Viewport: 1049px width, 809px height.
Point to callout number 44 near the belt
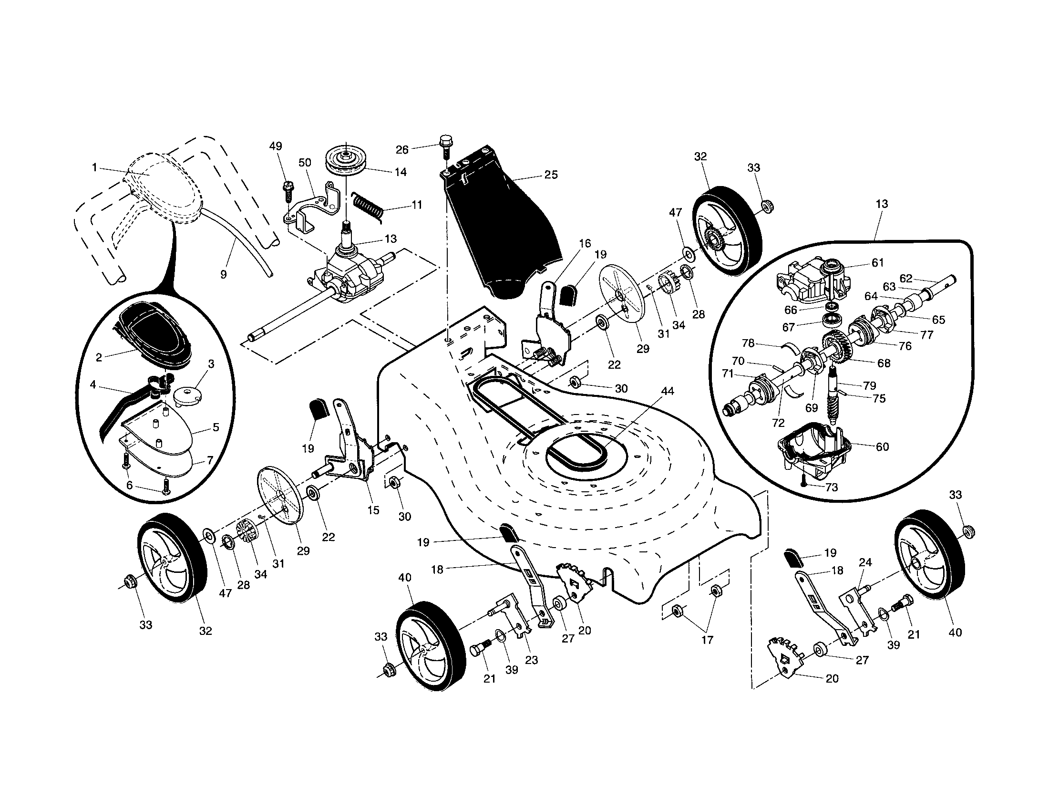[668, 391]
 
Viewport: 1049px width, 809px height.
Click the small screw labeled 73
[803, 484]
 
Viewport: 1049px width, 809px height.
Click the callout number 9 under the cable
[223, 275]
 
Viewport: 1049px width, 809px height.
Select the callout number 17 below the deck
[707, 639]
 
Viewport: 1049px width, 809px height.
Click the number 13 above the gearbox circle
[881, 204]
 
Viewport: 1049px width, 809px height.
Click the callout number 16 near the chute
[585, 243]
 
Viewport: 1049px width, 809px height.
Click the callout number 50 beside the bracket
[305, 162]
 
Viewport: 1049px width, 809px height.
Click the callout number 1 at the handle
[94, 167]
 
